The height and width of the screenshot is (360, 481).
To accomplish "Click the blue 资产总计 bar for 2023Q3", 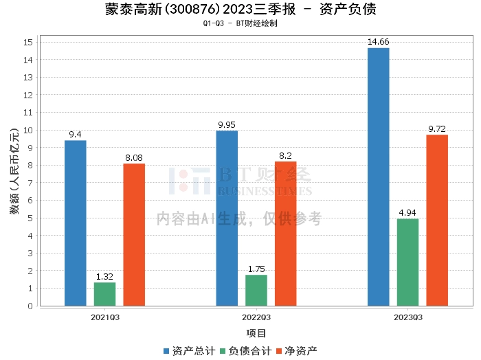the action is coord(378,177).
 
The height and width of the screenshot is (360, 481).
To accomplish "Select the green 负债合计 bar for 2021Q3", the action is coord(104,294).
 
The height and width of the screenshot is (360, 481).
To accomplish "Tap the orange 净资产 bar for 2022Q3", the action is coord(286,234).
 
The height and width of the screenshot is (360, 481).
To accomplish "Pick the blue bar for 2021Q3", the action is coord(75,223).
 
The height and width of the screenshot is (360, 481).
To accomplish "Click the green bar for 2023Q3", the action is coord(407,262).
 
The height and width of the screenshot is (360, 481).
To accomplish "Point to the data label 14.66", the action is coord(378,42).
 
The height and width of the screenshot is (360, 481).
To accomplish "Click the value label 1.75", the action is coord(256,269).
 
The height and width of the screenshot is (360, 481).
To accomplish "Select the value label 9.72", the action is coord(437,128).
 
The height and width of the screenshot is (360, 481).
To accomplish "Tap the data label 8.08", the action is coord(134,157).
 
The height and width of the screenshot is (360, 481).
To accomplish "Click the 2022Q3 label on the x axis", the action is coord(256,317).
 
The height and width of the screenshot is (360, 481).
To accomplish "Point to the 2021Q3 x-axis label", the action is coord(105,317).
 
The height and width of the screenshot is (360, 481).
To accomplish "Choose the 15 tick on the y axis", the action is coord(28,43).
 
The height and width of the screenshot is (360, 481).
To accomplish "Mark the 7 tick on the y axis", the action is coord(30,183).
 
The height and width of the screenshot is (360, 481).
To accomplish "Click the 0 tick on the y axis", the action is coord(30,306).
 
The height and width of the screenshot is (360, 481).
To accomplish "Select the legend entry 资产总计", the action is coord(189,351).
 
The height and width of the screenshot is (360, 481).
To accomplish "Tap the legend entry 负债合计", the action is coord(246,351).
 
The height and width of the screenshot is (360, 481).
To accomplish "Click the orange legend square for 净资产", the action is coord(279,351).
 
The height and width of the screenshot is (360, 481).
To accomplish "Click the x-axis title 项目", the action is coord(256,333).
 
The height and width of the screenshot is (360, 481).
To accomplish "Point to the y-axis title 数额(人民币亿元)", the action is coord(14,171).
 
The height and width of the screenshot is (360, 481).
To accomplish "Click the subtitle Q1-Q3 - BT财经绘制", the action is coord(240,23).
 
